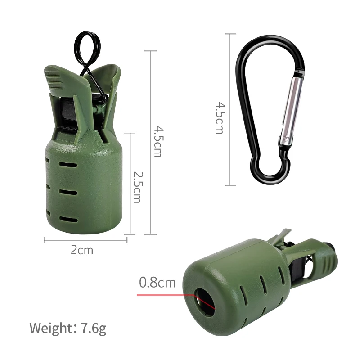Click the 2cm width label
point(82,250)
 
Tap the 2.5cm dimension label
point(137,186)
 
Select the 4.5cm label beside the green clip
point(157,141)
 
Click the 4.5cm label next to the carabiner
point(219,118)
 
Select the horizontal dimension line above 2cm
point(85,240)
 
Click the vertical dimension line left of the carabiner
point(230,110)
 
